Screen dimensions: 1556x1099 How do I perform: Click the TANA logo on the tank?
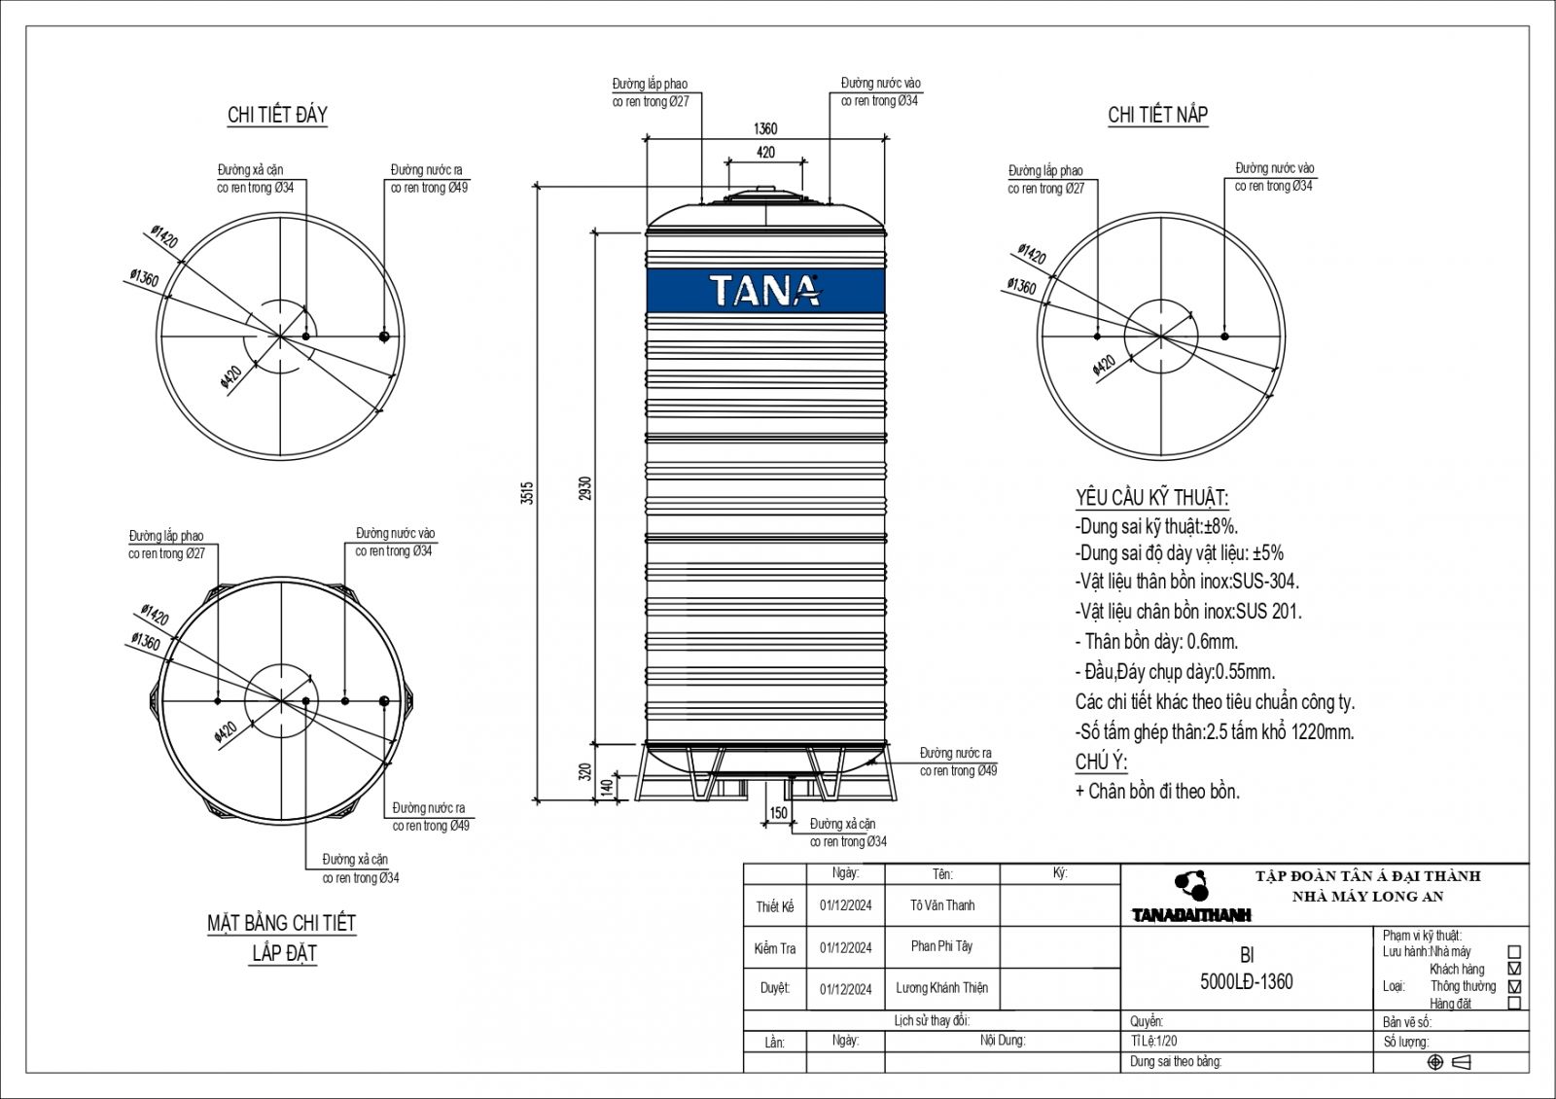point(764,290)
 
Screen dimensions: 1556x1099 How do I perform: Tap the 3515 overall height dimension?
point(527,492)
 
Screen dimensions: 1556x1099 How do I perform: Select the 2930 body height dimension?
point(585,488)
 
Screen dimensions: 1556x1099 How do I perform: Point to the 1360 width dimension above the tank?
point(765,128)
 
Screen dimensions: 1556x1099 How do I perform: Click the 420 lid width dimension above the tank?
point(765,152)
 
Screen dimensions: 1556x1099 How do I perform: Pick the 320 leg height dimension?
point(584,772)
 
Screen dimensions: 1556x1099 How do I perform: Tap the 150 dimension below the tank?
point(779,813)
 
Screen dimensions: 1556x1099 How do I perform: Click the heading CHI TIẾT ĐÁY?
point(277,115)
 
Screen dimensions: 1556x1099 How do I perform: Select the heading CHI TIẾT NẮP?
point(1158,115)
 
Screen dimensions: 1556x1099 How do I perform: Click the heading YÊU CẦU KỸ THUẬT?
point(1151,498)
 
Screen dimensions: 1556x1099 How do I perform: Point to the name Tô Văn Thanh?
point(942,905)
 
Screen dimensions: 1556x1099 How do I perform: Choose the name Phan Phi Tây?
point(941,946)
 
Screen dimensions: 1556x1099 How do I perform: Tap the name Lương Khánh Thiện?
point(941,988)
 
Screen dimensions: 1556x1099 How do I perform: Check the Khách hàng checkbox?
point(1515,969)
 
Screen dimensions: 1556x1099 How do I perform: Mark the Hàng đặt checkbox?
point(1515,1003)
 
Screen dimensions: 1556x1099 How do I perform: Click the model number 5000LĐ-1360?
point(1246,982)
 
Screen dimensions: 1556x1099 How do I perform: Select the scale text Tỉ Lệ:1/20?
point(1153,1041)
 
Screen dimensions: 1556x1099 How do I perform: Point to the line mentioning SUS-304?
point(1186,582)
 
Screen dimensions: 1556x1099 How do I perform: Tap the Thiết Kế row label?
point(774,906)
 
